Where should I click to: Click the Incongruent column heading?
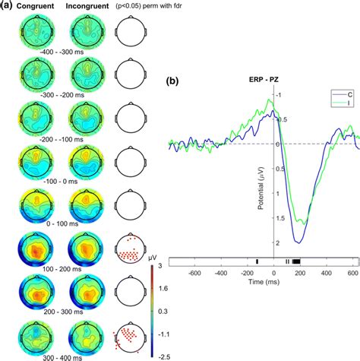click(x=84, y=7)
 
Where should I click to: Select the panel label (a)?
click(x=7, y=7)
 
